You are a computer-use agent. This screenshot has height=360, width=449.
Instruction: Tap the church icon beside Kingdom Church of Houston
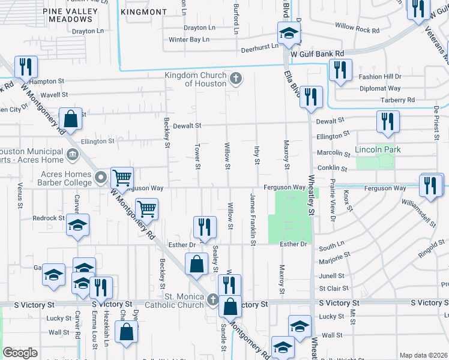[236, 78]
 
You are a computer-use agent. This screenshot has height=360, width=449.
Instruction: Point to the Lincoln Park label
[378, 149]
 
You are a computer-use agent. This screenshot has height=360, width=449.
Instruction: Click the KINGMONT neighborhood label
[143, 11]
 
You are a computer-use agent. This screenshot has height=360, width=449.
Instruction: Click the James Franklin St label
[253, 218]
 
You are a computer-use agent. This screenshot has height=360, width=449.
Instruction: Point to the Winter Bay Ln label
[189, 40]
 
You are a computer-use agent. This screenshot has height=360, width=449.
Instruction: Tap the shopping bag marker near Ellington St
[71, 120]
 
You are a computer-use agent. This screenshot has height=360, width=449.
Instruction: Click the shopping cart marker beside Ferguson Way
[122, 177]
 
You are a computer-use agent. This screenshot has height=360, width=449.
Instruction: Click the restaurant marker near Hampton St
[25, 67]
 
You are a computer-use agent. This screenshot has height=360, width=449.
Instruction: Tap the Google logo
[20, 353]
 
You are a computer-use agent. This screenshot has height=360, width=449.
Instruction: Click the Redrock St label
[49, 218]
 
